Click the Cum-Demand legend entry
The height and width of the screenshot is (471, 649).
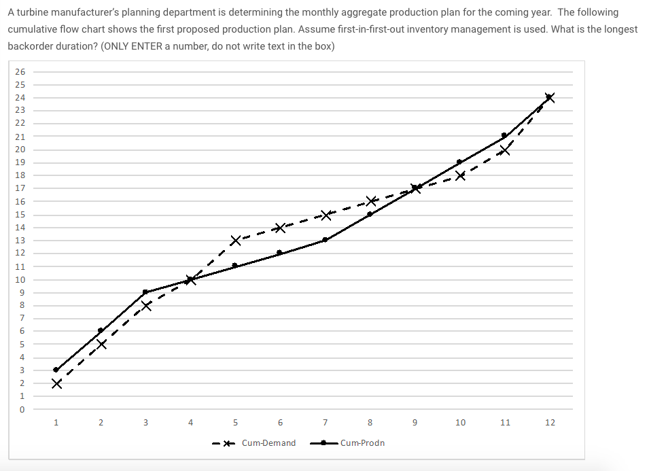254,443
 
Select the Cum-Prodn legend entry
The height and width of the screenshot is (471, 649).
347,443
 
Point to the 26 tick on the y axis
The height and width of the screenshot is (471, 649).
20,71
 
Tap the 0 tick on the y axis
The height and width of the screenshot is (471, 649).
22,409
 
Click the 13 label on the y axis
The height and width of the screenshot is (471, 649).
20,240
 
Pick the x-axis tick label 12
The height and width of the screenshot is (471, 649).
550,423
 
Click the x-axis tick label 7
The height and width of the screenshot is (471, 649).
326,423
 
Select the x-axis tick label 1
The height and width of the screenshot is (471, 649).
56,423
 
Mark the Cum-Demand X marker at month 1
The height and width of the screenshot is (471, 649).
56,384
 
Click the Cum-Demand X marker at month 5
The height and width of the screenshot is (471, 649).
236,241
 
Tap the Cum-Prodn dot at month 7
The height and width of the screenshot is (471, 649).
325,240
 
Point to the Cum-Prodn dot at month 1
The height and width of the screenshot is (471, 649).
56,370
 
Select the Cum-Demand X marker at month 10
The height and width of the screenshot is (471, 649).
460,176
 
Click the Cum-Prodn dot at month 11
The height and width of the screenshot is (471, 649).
504,135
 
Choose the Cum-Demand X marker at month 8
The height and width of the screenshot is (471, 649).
371,202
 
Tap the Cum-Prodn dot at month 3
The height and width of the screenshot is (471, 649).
145,292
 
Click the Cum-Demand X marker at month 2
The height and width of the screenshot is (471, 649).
101,345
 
